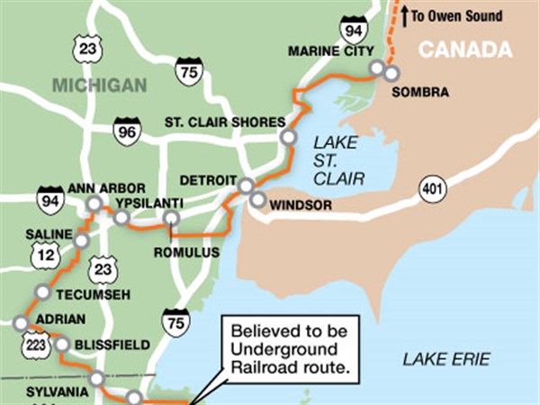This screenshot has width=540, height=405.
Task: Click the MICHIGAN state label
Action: (x=98, y=85)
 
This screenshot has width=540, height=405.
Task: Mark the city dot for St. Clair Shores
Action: (x=287, y=138)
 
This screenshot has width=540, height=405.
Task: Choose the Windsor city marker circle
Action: (x=258, y=200)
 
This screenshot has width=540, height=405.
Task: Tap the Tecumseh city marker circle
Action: (x=42, y=292)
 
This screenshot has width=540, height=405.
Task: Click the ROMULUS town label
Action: (x=187, y=253)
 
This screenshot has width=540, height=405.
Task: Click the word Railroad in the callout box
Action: (x=257, y=366)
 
